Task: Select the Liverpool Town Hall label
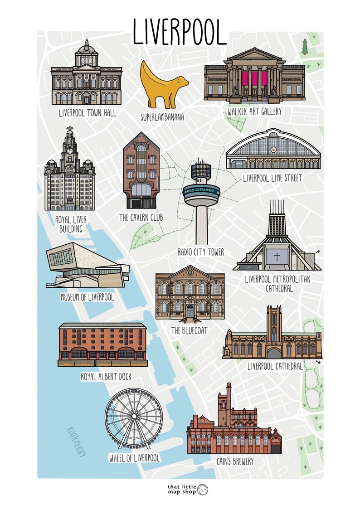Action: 88,113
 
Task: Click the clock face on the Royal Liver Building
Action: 70,150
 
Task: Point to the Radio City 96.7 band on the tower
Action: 201,190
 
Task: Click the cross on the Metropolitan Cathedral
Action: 277,257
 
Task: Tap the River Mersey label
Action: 76,441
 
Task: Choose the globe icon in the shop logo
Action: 203,490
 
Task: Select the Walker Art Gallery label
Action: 254,111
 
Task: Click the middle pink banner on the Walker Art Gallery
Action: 255,78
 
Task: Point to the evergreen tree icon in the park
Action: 305,46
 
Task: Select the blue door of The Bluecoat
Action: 190,310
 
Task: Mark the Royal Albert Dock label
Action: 106,376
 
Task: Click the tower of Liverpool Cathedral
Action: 274,324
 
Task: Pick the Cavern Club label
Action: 141,218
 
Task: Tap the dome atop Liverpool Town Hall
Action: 86,47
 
